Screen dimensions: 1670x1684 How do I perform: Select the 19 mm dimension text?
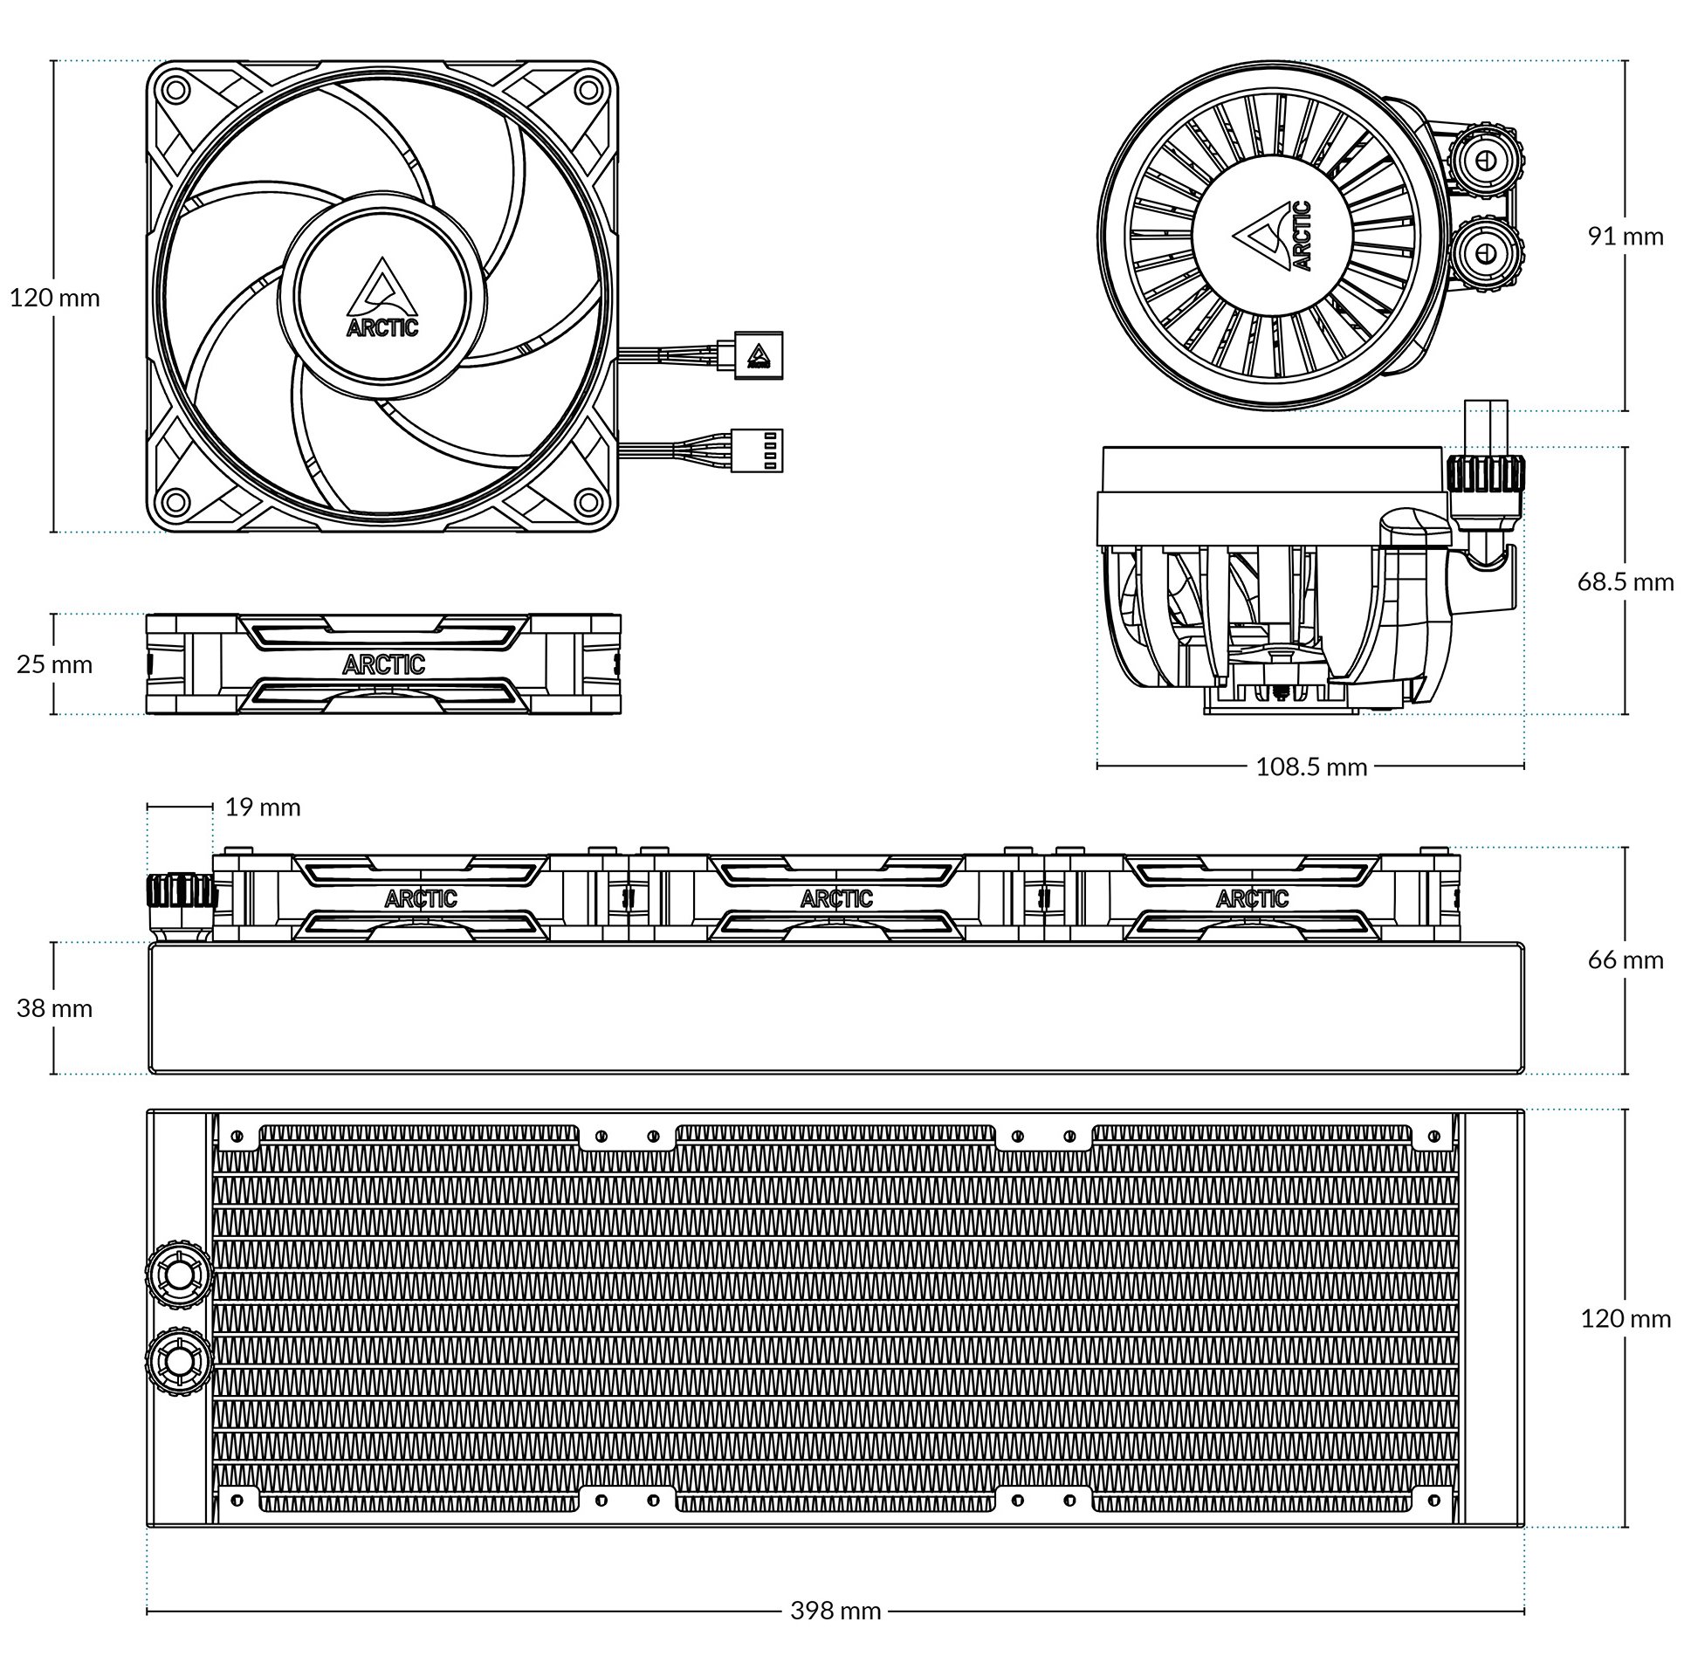[263, 808]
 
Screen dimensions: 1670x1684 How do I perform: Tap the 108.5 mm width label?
[1311, 766]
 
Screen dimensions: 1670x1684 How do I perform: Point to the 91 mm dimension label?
[1625, 236]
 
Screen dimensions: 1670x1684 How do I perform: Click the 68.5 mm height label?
[1625, 581]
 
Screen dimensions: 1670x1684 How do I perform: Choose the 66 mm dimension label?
[1625, 959]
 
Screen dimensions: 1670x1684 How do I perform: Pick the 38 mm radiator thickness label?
[54, 1008]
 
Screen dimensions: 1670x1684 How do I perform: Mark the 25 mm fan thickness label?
[54, 664]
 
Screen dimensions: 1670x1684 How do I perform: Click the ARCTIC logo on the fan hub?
[382, 297]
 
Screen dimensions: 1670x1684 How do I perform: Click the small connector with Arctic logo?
[760, 355]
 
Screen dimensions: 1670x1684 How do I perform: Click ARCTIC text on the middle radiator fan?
[835, 897]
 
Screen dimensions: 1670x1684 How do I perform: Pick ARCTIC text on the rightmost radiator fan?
[1252, 897]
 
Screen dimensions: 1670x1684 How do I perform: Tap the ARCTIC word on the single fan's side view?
[383, 664]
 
